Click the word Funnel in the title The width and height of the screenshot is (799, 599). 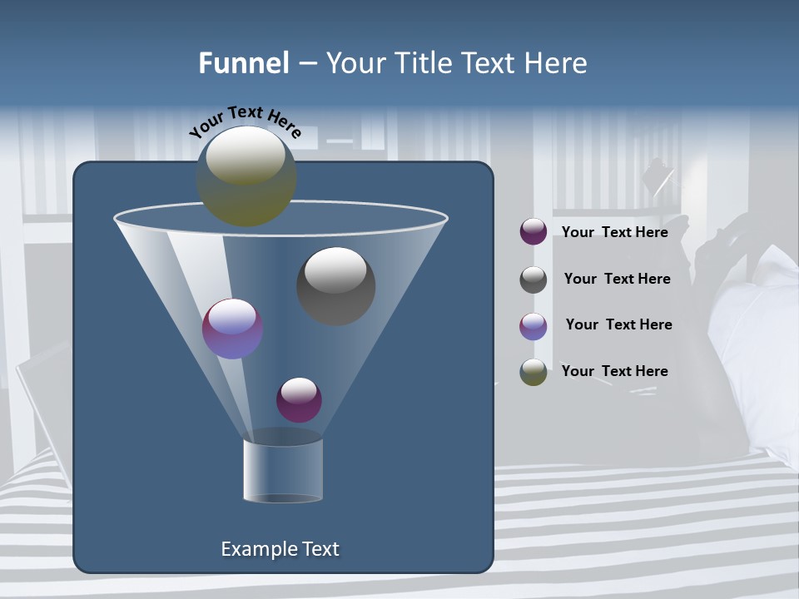point(243,63)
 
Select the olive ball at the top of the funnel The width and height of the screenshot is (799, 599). point(246,176)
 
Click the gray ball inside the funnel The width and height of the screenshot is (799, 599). point(335,285)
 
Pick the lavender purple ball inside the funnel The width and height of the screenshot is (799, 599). point(232,329)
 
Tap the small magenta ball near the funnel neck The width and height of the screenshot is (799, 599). point(299,399)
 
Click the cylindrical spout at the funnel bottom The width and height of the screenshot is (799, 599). point(283,470)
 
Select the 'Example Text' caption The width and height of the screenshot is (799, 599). point(280,549)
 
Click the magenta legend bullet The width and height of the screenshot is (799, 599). point(533,232)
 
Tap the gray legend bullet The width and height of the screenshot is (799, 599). point(533,280)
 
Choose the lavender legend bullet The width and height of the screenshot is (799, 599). point(533,326)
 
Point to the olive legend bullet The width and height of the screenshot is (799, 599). point(533,372)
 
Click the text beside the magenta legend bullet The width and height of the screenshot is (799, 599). point(614,232)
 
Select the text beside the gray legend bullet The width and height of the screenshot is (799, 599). point(617,279)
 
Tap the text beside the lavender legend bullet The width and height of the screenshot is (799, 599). point(618,324)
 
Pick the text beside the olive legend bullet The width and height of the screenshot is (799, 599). point(614,371)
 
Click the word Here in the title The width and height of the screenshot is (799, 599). point(556,63)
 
